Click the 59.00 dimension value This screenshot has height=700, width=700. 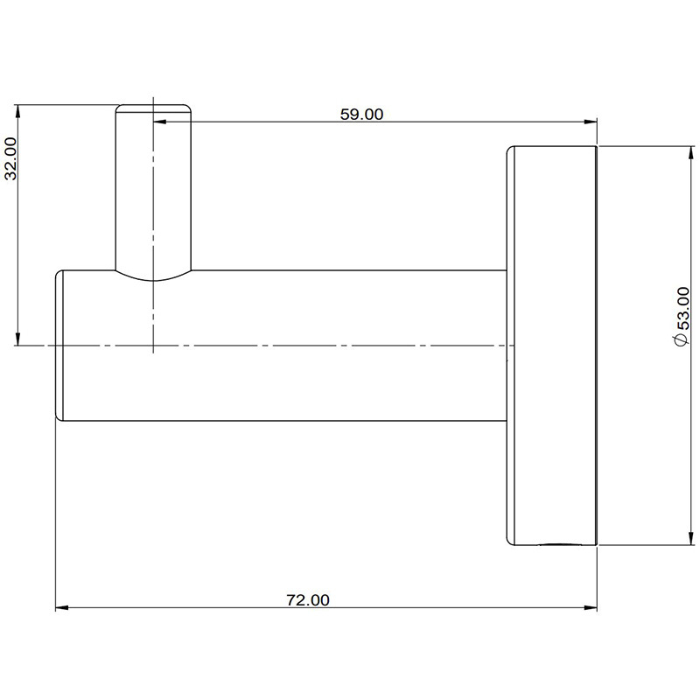(361, 115)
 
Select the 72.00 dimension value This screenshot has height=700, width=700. (308, 600)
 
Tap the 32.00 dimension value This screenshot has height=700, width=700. (10, 158)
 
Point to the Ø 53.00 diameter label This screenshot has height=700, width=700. (682, 317)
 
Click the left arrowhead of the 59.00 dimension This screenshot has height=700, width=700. (159, 121)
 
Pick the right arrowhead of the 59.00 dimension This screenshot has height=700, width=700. (591, 121)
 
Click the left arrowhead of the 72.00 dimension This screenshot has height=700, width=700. (61, 607)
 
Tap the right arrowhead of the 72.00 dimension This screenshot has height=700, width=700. (591, 607)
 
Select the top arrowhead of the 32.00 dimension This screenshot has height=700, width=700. (17, 111)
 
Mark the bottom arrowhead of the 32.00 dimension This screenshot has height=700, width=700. (17, 339)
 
